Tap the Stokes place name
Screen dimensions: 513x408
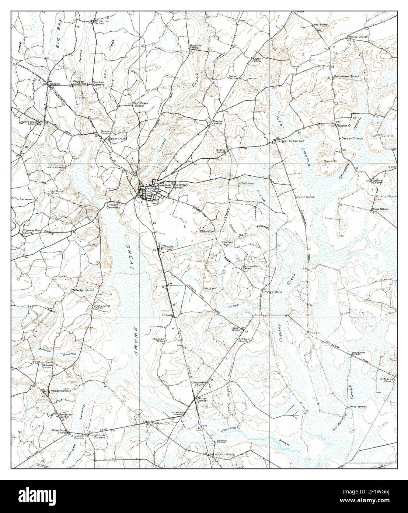tap(55, 84)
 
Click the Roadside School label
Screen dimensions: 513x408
tap(195, 47)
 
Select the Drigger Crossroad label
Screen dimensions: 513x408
tap(291, 140)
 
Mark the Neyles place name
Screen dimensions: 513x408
tap(315, 332)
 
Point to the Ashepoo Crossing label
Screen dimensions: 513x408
tap(222, 454)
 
